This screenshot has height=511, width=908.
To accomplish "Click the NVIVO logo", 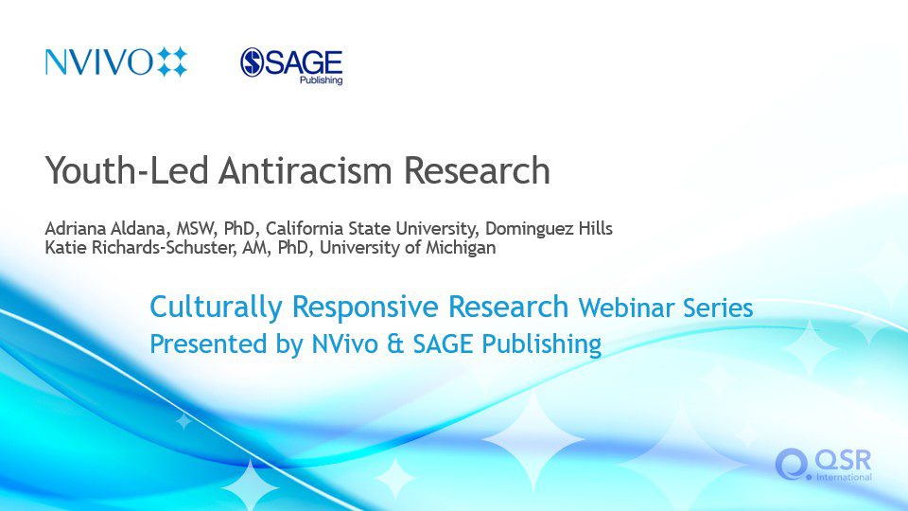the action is pyautogui.click(x=116, y=62).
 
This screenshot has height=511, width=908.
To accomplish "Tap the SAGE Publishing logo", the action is pyautogui.click(x=291, y=66).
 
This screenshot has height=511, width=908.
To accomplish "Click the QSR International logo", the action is pyautogui.click(x=824, y=465).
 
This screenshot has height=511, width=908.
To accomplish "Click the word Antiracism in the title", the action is pyautogui.click(x=306, y=170).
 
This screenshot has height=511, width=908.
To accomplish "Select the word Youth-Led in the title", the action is pyautogui.click(x=127, y=170).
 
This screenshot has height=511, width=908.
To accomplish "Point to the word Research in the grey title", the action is pyautogui.click(x=477, y=170).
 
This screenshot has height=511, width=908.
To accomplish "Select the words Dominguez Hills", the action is pyautogui.click(x=549, y=229).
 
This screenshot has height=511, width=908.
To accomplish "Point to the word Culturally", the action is pyautogui.click(x=216, y=307).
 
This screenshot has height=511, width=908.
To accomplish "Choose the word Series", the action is pyautogui.click(x=718, y=308).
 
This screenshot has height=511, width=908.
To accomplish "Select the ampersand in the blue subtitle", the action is pyautogui.click(x=395, y=344).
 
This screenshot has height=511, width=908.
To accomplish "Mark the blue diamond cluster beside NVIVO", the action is pyautogui.click(x=172, y=62).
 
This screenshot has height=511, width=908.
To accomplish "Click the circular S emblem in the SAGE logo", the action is pyautogui.click(x=253, y=62).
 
